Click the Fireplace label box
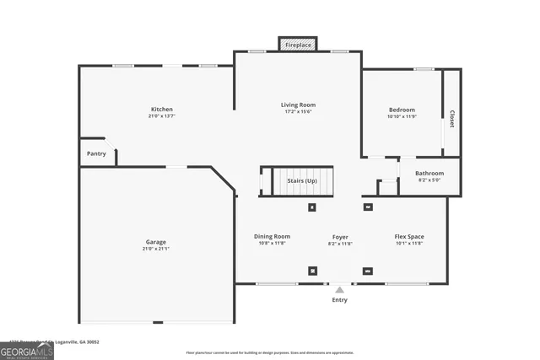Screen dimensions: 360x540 click(x=298, y=44)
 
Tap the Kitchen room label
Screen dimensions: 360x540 click(x=162, y=110)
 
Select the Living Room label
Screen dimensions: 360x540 click(x=298, y=105)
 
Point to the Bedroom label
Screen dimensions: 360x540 click(x=402, y=110)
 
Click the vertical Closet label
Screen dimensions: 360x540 click(x=452, y=119)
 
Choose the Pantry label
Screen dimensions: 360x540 click(x=96, y=153)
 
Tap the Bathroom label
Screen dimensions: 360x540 click(x=429, y=173)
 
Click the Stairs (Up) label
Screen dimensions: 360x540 click(x=302, y=180)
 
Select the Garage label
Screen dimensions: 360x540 click(x=155, y=242)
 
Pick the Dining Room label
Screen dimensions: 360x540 click(x=272, y=236)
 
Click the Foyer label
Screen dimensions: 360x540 click(x=340, y=237)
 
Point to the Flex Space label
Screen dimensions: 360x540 click(x=409, y=237)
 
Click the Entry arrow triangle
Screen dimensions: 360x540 click(x=339, y=290)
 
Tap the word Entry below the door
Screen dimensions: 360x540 click(x=339, y=300)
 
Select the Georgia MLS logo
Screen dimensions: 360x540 click(x=27, y=350)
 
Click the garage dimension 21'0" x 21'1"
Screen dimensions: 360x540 click(x=155, y=249)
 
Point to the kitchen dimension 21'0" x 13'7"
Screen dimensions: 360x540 click(x=162, y=116)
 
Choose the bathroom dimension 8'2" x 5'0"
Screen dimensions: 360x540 click(x=429, y=180)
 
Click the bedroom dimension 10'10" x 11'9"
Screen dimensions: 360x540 click(x=402, y=116)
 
